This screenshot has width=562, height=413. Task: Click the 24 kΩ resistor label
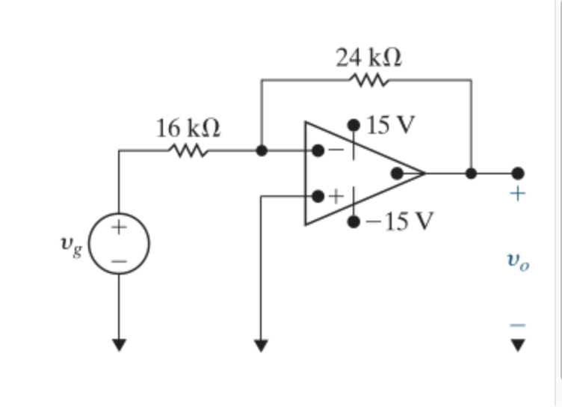click(368, 58)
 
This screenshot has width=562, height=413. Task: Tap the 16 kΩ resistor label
click(188, 129)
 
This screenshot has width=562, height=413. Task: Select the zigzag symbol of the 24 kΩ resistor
click(367, 79)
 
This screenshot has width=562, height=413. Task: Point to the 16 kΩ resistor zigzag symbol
click(188, 150)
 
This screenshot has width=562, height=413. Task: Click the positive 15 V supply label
click(391, 123)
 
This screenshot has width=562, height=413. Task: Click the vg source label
click(71, 245)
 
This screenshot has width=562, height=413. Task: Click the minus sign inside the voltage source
click(119, 261)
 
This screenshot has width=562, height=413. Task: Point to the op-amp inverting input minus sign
click(336, 150)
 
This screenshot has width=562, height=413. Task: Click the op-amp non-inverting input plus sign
click(336, 197)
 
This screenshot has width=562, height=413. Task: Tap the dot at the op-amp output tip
click(397, 174)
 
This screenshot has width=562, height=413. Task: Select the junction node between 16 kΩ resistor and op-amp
click(261, 150)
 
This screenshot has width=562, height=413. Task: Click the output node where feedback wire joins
click(471, 174)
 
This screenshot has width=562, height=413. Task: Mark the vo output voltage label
click(518, 260)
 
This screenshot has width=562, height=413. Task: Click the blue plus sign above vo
click(518, 195)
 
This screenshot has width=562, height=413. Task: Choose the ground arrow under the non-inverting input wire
click(261, 345)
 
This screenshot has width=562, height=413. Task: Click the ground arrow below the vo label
click(518, 345)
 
